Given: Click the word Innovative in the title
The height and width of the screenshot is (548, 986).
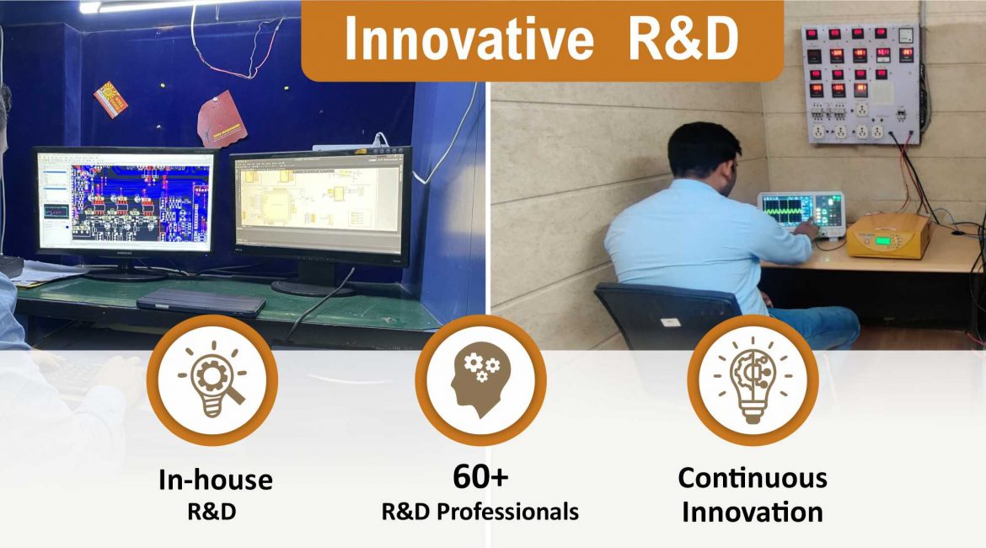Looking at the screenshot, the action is point(469,39).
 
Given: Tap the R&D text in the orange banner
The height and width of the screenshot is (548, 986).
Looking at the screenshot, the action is point(683,39).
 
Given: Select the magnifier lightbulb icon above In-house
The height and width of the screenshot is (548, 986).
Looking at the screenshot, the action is point(212,379).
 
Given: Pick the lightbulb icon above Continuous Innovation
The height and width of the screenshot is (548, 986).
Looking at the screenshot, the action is point(753,379).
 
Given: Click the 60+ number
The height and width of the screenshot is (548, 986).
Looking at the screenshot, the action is point(480,477).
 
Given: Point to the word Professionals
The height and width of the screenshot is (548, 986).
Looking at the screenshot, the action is point(507,512).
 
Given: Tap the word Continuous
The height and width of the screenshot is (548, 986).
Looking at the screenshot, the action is point(753,478).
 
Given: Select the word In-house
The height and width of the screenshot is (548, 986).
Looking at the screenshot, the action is point(215,480).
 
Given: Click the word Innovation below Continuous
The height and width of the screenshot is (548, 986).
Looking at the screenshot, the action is point(753,512).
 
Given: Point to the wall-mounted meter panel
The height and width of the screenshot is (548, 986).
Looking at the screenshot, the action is point(861,83).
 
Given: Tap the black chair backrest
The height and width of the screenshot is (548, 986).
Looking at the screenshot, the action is point(667,315).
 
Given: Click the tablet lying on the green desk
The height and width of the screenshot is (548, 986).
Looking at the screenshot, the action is point(202,303).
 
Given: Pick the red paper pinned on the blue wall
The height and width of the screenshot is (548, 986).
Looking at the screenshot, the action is point(221,120).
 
